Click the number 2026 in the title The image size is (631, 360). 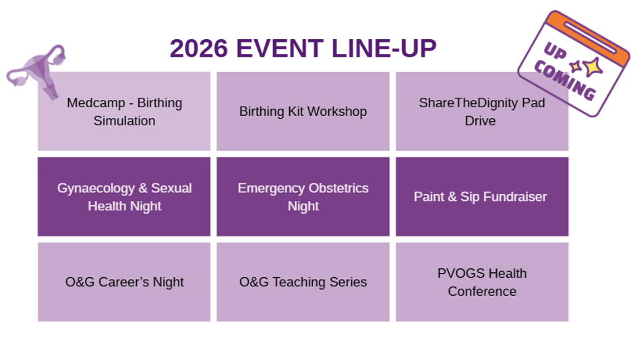198,49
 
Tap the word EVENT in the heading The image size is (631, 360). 280,49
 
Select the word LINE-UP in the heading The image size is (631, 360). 384,49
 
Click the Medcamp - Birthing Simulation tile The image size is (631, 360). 124,111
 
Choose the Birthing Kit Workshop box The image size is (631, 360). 303,111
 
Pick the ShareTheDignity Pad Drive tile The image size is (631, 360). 482,111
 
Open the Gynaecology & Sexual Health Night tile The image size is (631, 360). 124,197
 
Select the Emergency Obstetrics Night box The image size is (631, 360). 303,197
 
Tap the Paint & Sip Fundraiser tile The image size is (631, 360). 482,197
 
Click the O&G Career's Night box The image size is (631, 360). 124,282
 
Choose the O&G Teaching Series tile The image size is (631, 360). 303,282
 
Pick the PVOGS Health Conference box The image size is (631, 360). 482,282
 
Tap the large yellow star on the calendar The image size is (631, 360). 593,67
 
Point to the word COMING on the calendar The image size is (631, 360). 565,81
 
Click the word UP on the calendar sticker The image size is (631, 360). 555,51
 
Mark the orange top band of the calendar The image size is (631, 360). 590,37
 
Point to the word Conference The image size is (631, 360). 482,291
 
